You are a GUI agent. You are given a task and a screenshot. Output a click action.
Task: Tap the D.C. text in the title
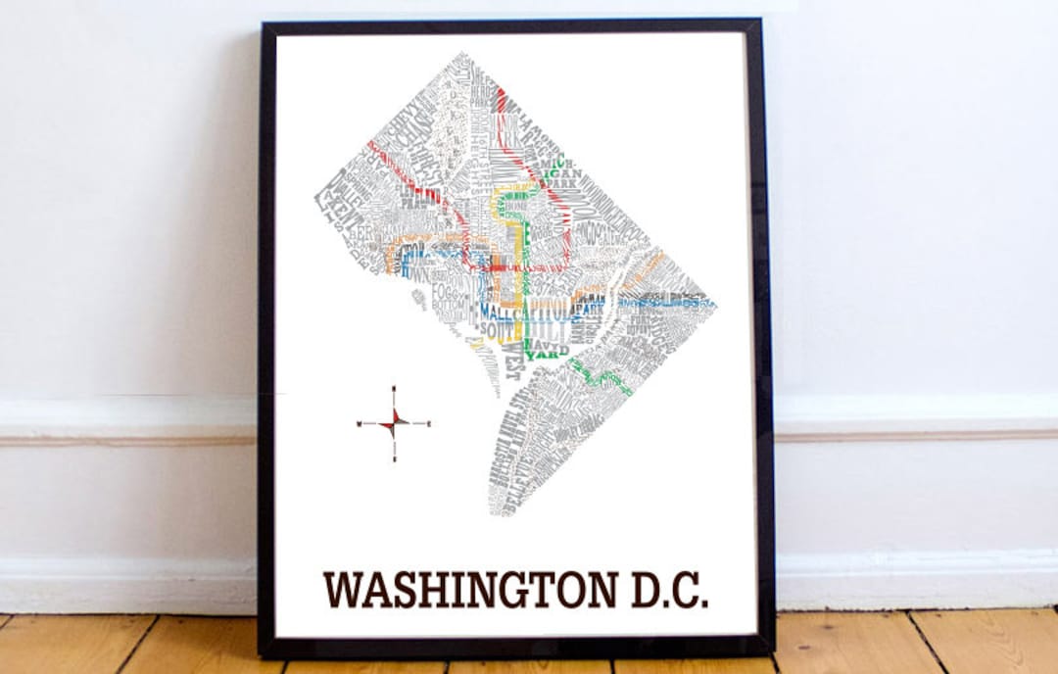point(665,590)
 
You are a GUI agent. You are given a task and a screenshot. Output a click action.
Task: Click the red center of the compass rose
point(394,423)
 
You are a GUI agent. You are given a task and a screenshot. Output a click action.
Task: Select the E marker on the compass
point(429,423)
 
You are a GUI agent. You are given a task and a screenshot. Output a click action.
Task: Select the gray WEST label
point(511,364)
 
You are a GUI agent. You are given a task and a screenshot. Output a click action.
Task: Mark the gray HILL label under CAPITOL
point(551,330)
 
